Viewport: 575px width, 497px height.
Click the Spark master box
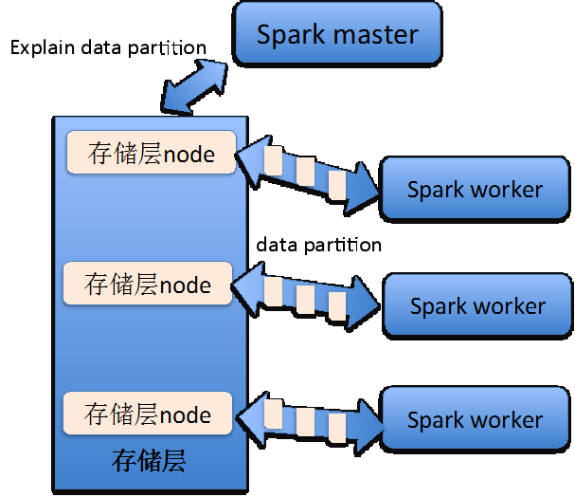point(337,35)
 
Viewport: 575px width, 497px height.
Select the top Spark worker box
point(475,189)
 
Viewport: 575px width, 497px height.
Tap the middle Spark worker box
point(477,306)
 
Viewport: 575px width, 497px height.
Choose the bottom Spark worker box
point(475,420)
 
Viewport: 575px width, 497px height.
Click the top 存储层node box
point(152,153)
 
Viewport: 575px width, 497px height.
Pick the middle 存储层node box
point(148,284)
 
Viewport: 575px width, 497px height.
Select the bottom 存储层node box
point(148,414)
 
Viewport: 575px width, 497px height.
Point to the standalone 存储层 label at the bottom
point(149,462)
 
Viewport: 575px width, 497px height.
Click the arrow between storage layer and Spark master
point(195,85)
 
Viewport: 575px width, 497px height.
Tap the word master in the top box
point(376,36)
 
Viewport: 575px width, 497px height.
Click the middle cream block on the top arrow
point(305,172)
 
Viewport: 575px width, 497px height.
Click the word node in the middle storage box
point(185,284)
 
